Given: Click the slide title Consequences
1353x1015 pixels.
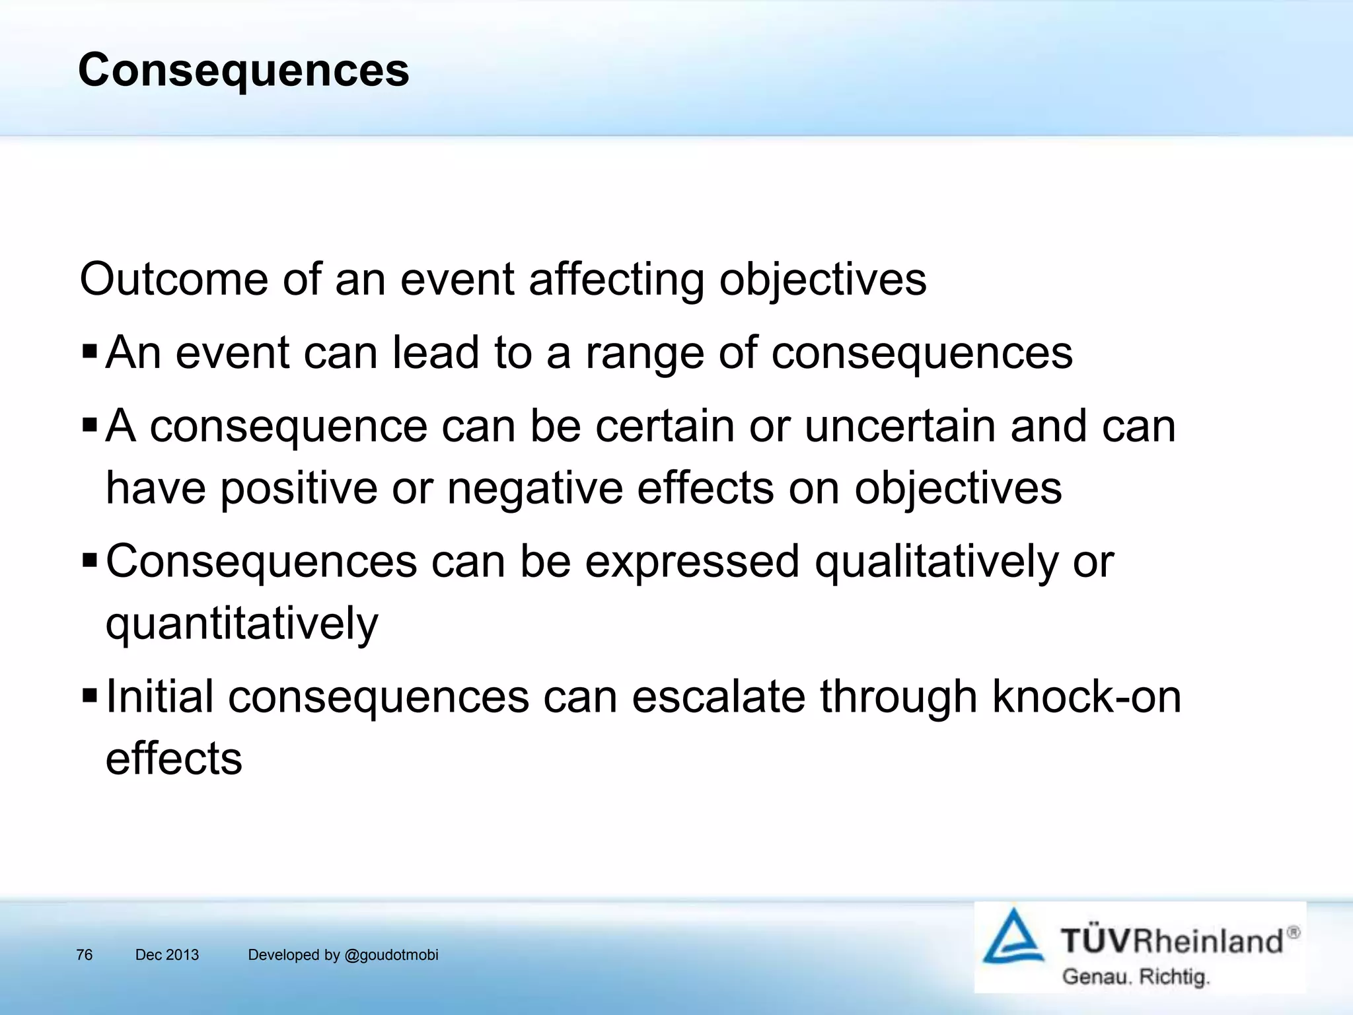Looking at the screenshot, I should coord(243,70).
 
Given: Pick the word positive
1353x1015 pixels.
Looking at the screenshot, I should coord(299,489).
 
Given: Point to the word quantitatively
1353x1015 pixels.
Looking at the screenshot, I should coord(242,624).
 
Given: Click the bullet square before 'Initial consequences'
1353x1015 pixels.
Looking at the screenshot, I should coord(89,695).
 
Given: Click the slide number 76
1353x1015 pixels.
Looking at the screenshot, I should coord(84,955).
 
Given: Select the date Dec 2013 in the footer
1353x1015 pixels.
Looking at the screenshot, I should coord(166,955).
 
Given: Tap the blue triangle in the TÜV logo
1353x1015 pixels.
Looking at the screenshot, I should coord(1013,937).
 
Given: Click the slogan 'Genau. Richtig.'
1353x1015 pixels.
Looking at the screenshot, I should coord(1135,976).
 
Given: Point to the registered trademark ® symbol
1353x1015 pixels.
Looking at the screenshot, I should coord(1293,932).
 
